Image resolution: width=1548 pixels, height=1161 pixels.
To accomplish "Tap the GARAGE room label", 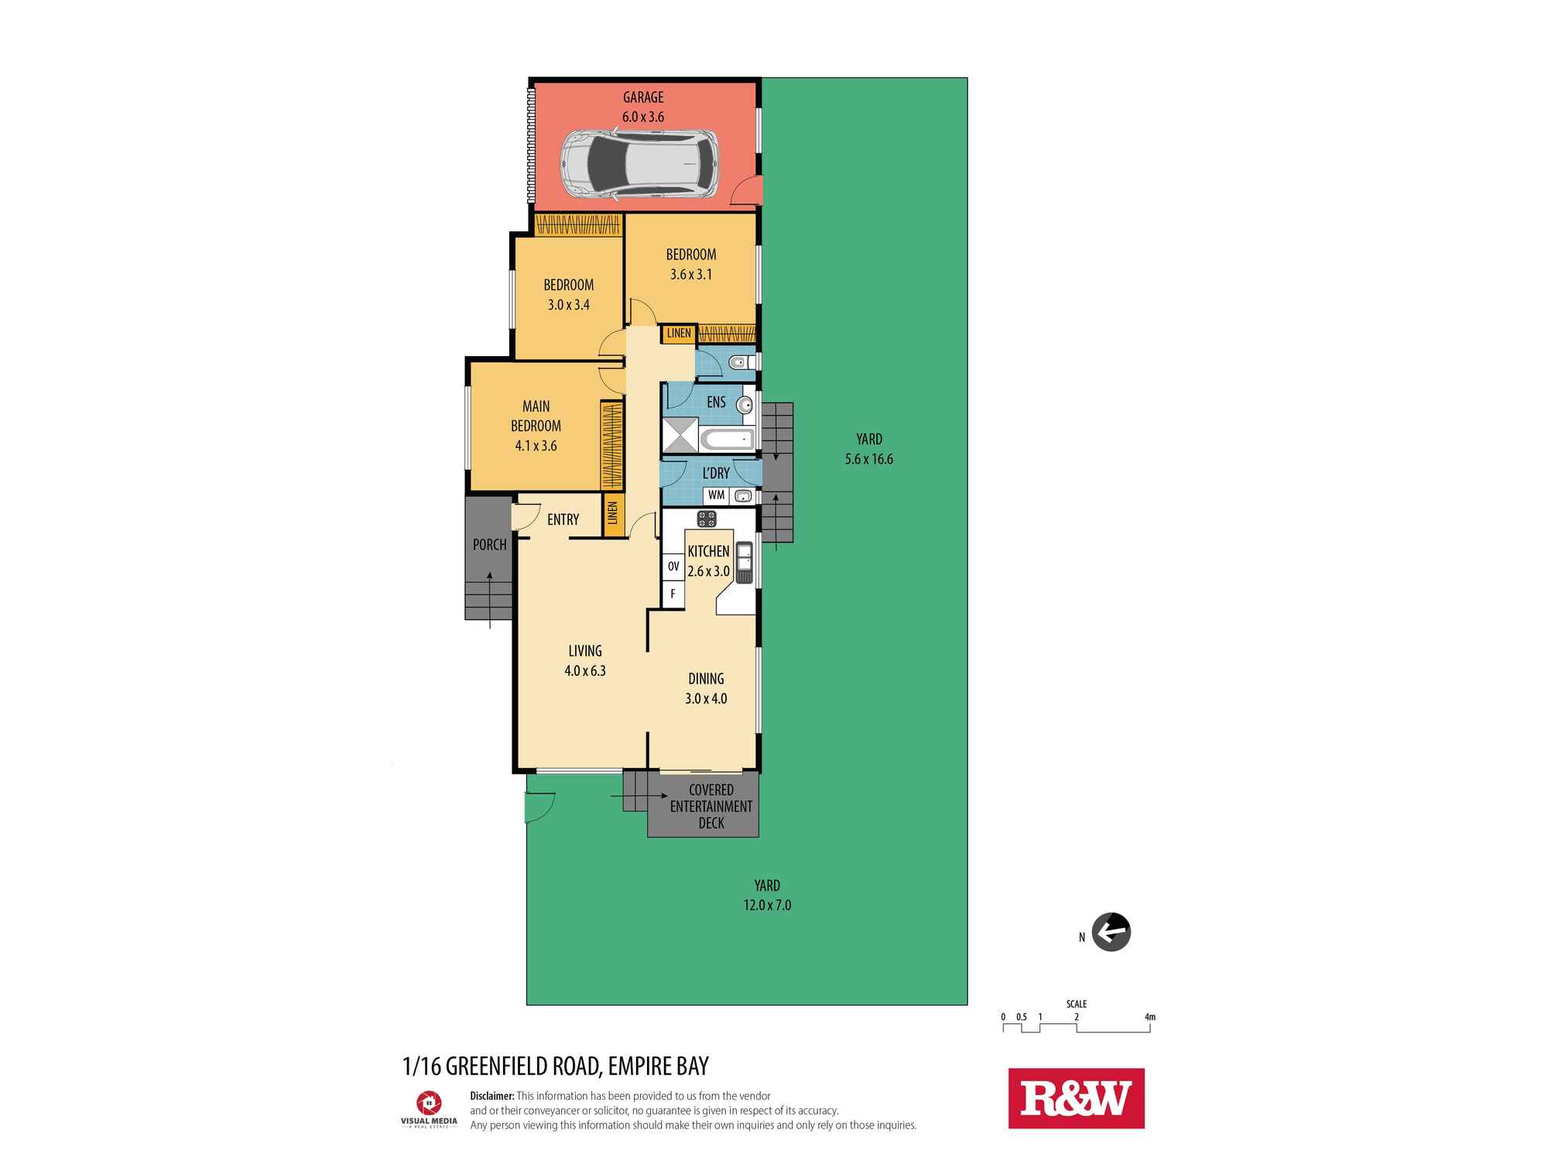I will click(x=643, y=98).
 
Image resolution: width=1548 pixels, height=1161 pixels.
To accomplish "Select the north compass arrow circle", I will click(x=1111, y=932).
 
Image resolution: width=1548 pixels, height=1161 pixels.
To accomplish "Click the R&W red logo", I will click(x=1076, y=1098).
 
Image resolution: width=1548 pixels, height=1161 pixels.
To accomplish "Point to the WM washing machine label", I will click(x=716, y=495).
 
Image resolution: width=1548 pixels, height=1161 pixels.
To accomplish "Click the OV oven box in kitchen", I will click(x=673, y=567).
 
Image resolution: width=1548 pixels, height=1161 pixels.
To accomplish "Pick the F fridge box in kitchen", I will click(x=673, y=594).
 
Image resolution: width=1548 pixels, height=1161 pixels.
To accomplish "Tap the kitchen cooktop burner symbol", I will click(x=706, y=519).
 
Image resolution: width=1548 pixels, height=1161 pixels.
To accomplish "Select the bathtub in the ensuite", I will click(x=728, y=440).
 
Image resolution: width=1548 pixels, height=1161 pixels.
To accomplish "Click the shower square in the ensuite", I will click(x=680, y=435).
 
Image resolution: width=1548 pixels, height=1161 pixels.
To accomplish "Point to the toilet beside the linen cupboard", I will click(x=738, y=361).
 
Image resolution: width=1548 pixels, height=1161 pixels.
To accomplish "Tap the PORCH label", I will click(x=489, y=545).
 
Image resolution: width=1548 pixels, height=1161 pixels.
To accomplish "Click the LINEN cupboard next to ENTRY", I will click(x=613, y=513).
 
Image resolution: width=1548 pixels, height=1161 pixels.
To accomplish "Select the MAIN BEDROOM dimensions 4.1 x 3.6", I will click(x=536, y=446).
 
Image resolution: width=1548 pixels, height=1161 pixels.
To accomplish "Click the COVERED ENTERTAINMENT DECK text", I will click(x=711, y=806).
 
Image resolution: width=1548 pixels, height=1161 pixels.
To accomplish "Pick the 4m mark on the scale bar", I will click(x=1149, y=1018).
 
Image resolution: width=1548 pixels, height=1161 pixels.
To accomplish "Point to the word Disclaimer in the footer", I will click(x=492, y=1096).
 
